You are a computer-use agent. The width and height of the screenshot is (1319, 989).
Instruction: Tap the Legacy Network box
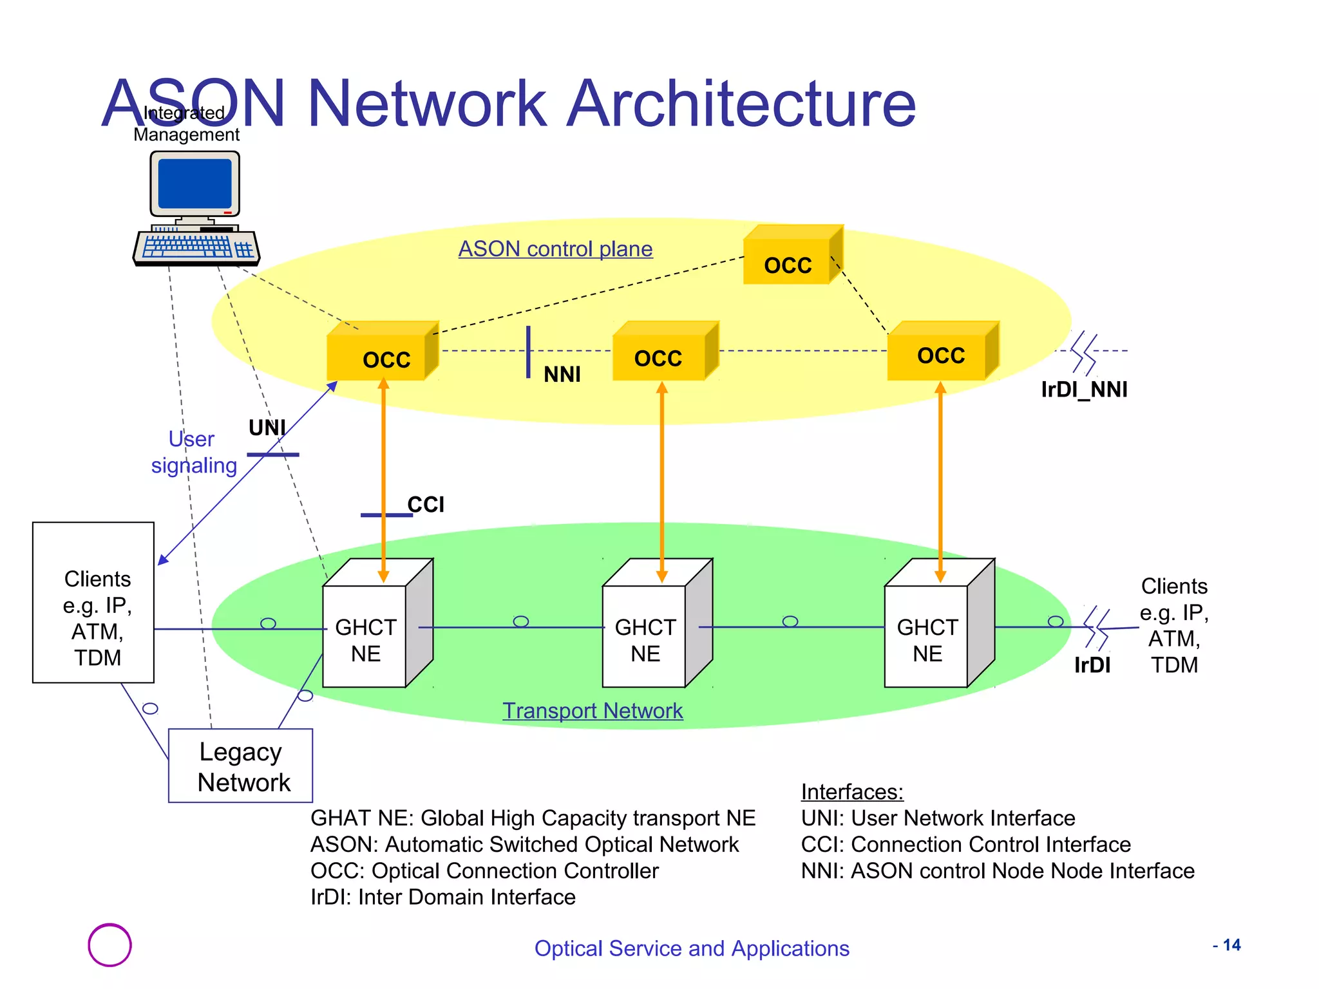click(x=240, y=766)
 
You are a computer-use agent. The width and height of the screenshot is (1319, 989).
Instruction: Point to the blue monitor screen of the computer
click(x=195, y=184)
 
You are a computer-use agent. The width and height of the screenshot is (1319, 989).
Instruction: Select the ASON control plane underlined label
click(x=555, y=249)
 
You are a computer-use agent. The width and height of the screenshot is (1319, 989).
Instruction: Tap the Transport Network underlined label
click(x=592, y=711)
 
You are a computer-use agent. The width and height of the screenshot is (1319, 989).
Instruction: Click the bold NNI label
click(x=562, y=375)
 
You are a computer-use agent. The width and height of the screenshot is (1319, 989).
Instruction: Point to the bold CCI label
click(x=426, y=505)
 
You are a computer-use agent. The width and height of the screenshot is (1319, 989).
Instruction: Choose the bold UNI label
click(x=267, y=428)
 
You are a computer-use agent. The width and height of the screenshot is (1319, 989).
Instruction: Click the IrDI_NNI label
click(x=1084, y=390)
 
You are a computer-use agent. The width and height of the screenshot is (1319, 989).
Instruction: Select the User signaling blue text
click(x=193, y=452)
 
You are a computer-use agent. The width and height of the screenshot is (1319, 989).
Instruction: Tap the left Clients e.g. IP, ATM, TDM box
click(x=93, y=603)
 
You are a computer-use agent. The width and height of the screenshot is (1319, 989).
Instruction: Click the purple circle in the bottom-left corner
click(x=109, y=945)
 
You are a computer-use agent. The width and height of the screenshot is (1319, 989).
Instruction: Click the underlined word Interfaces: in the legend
click(x=851, y=792)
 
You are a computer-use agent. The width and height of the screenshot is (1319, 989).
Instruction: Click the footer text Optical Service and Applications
click(x=692, y=949)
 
